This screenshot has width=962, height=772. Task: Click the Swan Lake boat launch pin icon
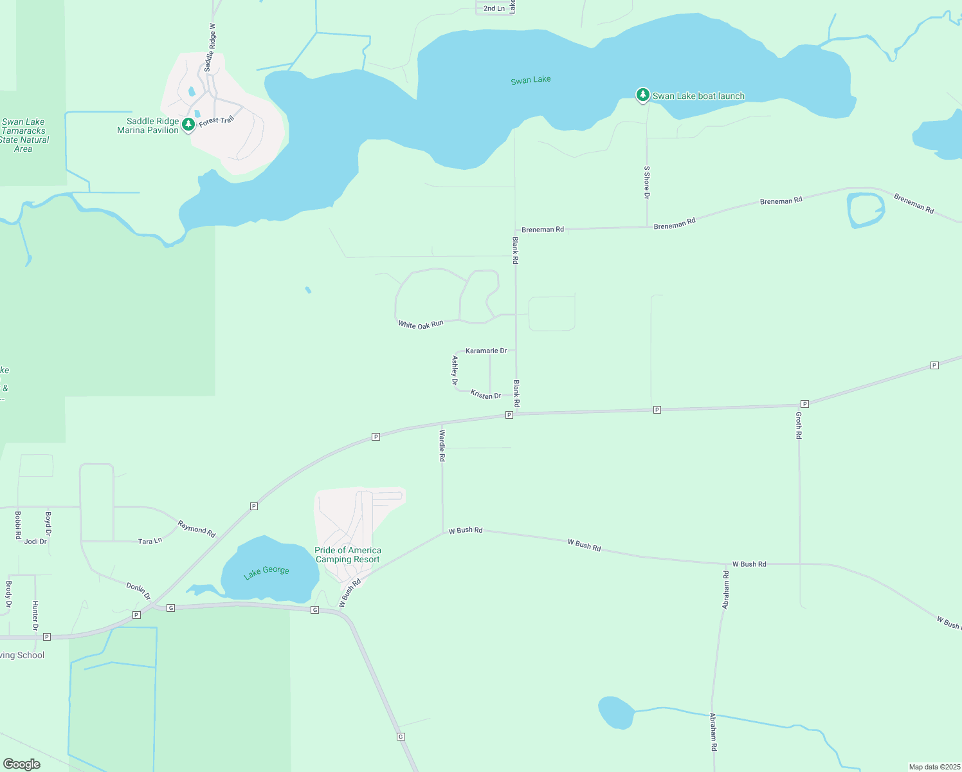[642, 95]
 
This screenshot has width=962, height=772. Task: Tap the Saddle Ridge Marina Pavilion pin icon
[188, 124]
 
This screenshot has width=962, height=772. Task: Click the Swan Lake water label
[531, 80]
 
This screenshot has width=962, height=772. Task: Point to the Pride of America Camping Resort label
[348, 555]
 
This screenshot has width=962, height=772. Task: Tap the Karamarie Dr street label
[486, 351]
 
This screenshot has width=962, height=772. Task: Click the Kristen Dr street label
[486, 395]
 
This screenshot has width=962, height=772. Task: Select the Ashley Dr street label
[455, 371]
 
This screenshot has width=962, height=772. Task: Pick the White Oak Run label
[421, 325]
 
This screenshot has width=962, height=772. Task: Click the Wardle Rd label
[442, 445]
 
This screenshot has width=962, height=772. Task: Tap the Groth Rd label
[799, 425]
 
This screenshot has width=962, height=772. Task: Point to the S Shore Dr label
[647, 183]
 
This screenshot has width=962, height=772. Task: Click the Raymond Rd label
[197, 529]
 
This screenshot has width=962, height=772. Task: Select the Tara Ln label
[150, 542]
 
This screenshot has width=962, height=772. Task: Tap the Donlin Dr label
[138, 591]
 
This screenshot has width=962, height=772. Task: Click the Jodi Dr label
[35, 542]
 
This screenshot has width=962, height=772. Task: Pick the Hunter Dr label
[35, 616]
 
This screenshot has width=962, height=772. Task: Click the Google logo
[22, 764]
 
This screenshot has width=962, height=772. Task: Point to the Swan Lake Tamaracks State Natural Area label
[24, 135]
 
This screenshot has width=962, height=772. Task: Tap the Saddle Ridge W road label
[210, 48]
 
